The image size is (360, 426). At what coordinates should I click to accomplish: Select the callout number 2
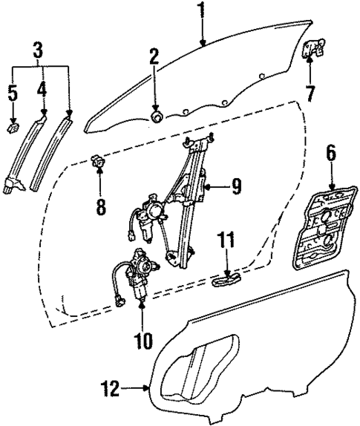click(154, 56)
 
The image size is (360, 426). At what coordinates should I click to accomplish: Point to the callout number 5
click(11, 94)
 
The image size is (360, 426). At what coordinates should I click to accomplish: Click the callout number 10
click(142, 341)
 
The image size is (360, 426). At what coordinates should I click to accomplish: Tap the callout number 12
click(111, 387)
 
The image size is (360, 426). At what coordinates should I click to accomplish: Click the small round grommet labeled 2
click(157, 117)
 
